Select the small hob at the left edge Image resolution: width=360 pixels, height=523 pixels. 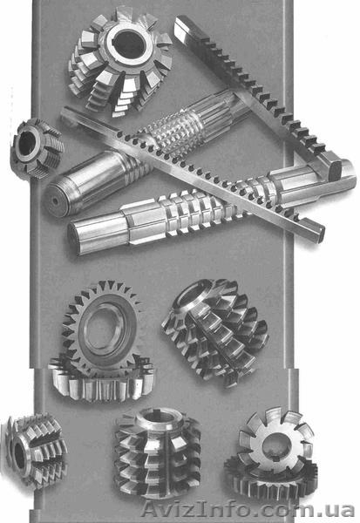pos(36,149)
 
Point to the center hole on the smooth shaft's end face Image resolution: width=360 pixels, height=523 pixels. pos(54,201)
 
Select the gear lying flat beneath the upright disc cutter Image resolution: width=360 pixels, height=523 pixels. pos(101,380)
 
